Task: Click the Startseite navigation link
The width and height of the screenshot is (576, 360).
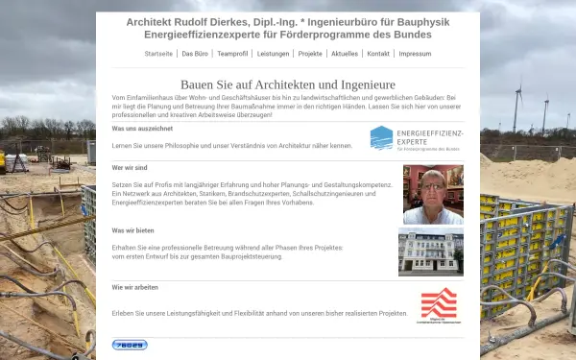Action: point(158,54)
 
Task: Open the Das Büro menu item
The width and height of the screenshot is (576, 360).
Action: point(195,54)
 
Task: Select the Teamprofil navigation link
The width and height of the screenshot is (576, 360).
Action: point(233,54)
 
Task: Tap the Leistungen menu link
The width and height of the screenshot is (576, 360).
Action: point(274,54)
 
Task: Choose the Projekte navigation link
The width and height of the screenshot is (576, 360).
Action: point(310,54)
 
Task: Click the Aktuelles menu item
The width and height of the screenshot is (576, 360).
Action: point(345,54)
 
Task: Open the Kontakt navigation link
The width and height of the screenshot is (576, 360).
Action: point(378,54)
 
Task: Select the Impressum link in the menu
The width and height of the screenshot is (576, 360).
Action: point(415,54)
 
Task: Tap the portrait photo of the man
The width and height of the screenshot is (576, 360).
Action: point(433,194)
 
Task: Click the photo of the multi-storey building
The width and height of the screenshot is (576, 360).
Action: point(430,252)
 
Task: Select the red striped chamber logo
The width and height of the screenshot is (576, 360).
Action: point(439,304)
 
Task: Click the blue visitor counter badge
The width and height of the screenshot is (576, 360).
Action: point(130,344)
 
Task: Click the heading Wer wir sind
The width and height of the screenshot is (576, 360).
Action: point(131,167)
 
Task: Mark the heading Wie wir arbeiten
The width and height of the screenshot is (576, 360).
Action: point(136,287)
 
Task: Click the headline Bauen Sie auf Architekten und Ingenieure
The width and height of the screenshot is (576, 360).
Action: point(287,84)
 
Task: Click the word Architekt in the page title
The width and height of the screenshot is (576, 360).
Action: point(151,21)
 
